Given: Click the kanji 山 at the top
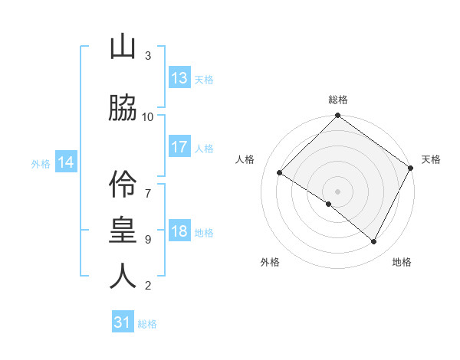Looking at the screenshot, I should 123,47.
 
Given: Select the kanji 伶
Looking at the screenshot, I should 123,182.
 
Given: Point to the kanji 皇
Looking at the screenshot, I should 123,229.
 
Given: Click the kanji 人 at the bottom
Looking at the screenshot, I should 123,276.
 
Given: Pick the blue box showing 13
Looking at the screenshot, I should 179,78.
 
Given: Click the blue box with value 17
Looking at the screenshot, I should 179,148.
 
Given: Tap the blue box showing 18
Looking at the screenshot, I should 179,232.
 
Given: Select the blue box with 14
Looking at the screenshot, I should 66,162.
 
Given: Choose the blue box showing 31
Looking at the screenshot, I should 123,322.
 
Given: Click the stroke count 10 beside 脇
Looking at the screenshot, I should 148,116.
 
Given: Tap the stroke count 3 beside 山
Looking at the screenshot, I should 148,56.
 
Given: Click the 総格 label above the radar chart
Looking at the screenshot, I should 338,100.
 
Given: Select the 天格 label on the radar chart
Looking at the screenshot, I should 431,159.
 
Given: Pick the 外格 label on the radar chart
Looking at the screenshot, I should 270,262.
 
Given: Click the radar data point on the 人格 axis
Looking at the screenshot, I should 280,173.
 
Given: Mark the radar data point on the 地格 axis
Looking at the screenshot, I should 374,242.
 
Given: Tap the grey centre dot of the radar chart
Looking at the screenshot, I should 337,191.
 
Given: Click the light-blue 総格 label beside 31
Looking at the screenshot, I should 147,324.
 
